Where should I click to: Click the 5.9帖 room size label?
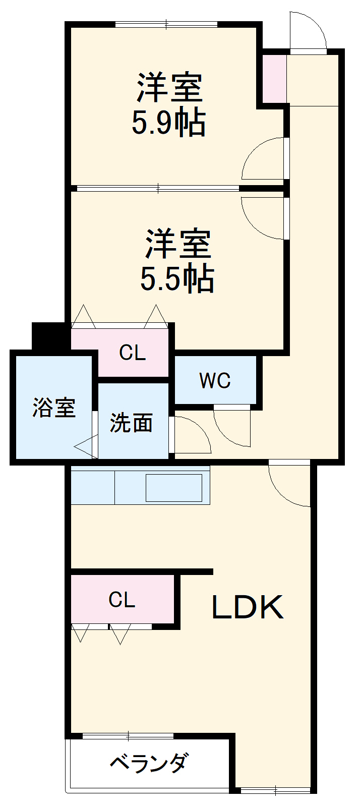(168, 123)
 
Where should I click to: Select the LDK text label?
(247, 607)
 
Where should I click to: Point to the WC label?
(215, 381)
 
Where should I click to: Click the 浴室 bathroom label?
(54, 408)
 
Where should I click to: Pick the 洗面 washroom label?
(131, 423)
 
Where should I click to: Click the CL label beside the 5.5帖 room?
(132, 353)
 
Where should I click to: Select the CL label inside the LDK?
(122, 600)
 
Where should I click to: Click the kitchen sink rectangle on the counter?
(174, 488)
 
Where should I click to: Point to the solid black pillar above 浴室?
(49, 335)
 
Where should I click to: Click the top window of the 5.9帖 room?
(166, 24)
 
